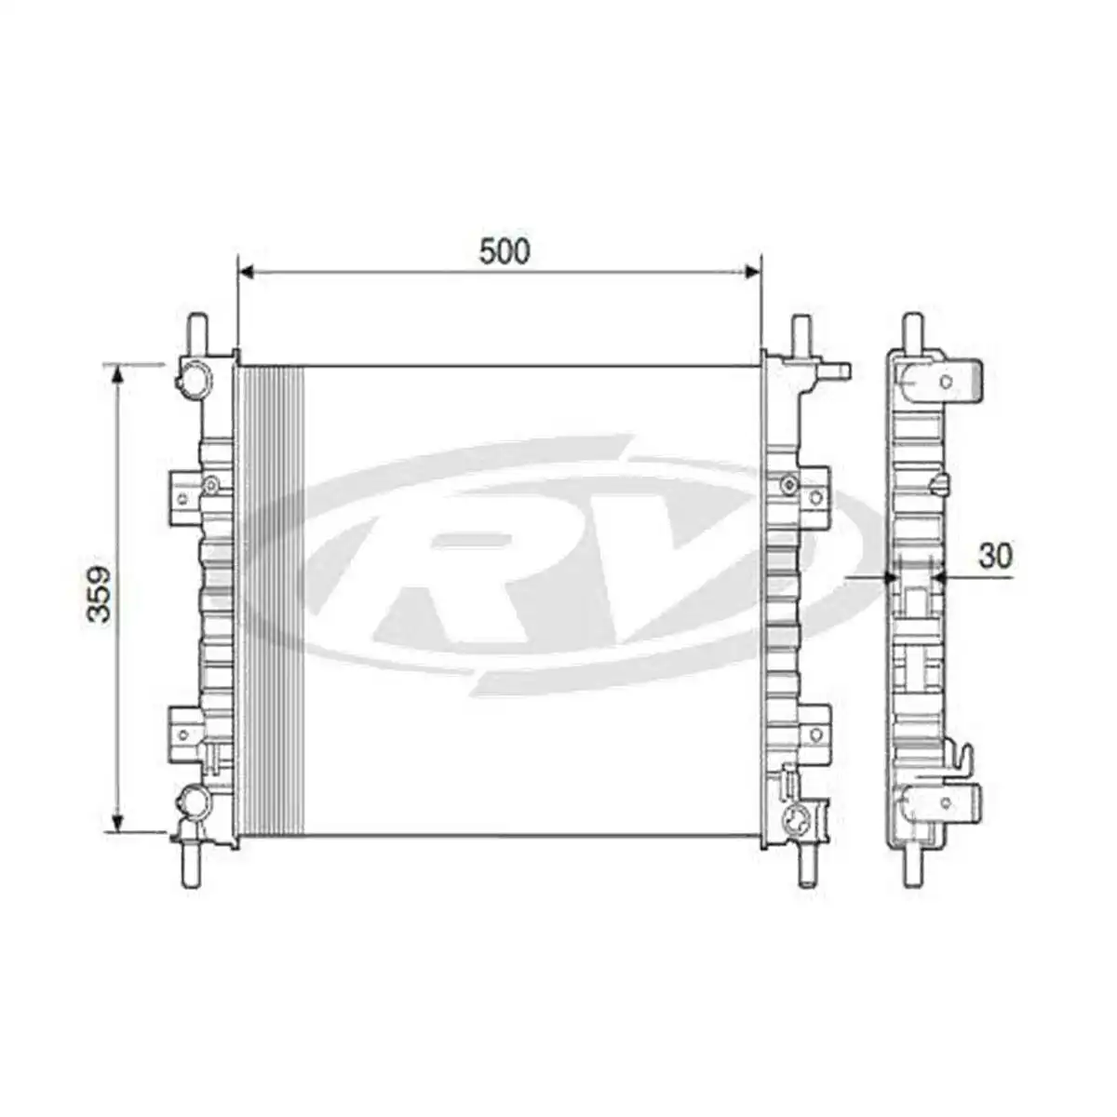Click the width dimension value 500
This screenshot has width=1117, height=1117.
504,251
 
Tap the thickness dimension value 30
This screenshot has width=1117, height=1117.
995,556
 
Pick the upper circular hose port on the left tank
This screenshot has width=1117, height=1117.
195,377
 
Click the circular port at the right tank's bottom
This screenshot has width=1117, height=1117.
798,819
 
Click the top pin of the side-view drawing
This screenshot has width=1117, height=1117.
914,331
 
